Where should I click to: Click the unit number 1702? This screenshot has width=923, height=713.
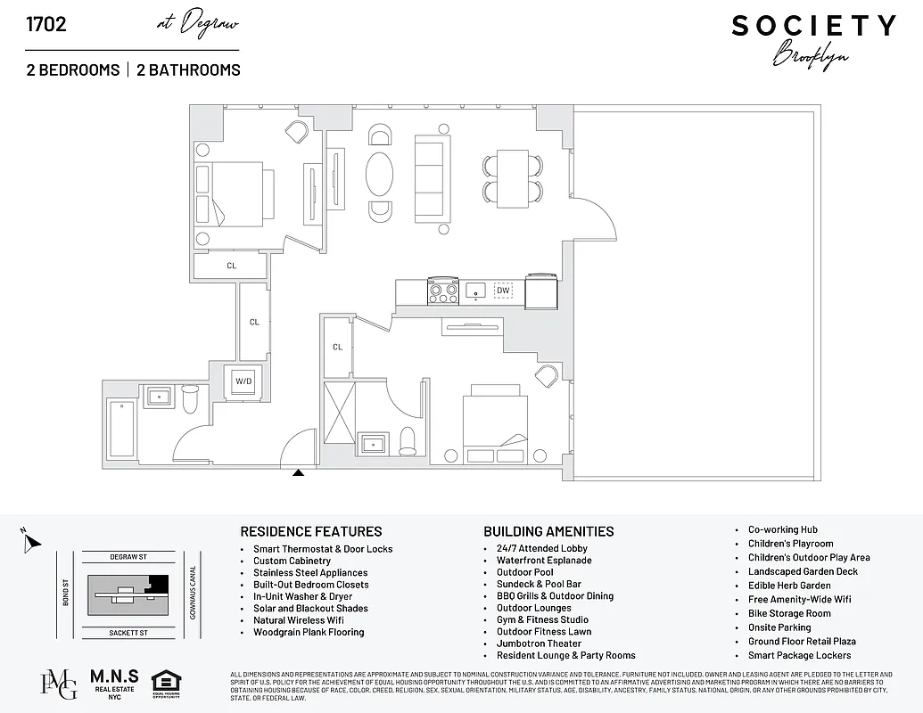(x=46, y=24)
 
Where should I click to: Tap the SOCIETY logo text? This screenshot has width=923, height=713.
(x=813, y=26)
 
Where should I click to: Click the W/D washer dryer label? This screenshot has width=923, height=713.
(x=243, y=381)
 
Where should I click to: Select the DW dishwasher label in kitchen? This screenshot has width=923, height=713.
(x=503, y=290)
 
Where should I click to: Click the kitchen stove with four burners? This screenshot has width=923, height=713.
(x=443, y=291)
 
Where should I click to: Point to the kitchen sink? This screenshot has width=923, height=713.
(x=476, y=290)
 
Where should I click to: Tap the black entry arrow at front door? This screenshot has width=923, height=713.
(x=299, y=472)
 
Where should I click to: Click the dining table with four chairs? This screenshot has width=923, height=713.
(x=513, y=178)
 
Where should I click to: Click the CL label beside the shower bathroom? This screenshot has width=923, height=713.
(x=338, y=347)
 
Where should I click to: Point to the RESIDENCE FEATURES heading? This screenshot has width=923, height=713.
(x=311, y=531)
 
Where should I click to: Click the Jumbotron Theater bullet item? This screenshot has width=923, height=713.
(x=539, y=643)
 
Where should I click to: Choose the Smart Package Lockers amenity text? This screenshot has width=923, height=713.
(x=799, y=655)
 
